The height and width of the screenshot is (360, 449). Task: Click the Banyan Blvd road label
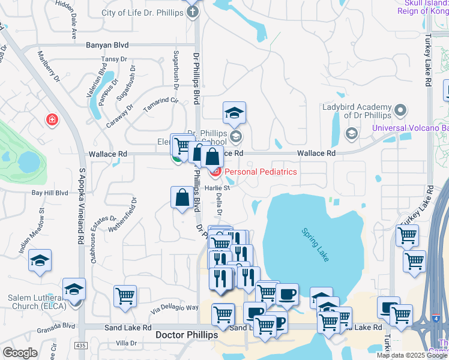[107, 44]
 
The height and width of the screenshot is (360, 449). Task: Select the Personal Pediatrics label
[261, 172]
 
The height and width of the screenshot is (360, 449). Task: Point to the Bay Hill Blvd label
[50, 193]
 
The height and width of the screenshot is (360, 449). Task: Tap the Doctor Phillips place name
[186, 335]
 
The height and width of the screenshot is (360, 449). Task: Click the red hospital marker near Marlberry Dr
[53, 119]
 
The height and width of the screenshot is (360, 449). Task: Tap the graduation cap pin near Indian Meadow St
[40, 261]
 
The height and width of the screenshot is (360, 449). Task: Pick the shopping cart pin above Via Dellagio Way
[125, 296]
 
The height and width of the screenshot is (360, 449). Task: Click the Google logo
[20, 353]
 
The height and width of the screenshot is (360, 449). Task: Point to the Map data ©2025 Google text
[411, 355]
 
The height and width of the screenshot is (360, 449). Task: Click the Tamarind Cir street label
[161, 105]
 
